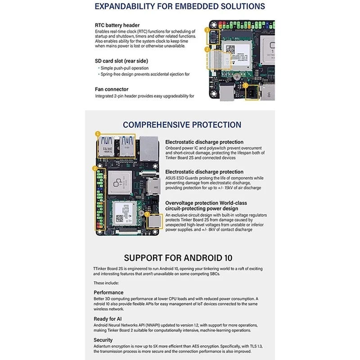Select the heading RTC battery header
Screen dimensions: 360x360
(117, 25)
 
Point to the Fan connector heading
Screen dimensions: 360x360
(112, 89)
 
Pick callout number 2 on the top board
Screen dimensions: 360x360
(207, 49)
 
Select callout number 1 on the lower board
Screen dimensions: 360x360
(97, 134)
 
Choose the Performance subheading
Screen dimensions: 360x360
(108, 292)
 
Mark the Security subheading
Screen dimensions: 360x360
(103, 340)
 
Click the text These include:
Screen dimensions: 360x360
(106, 283)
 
